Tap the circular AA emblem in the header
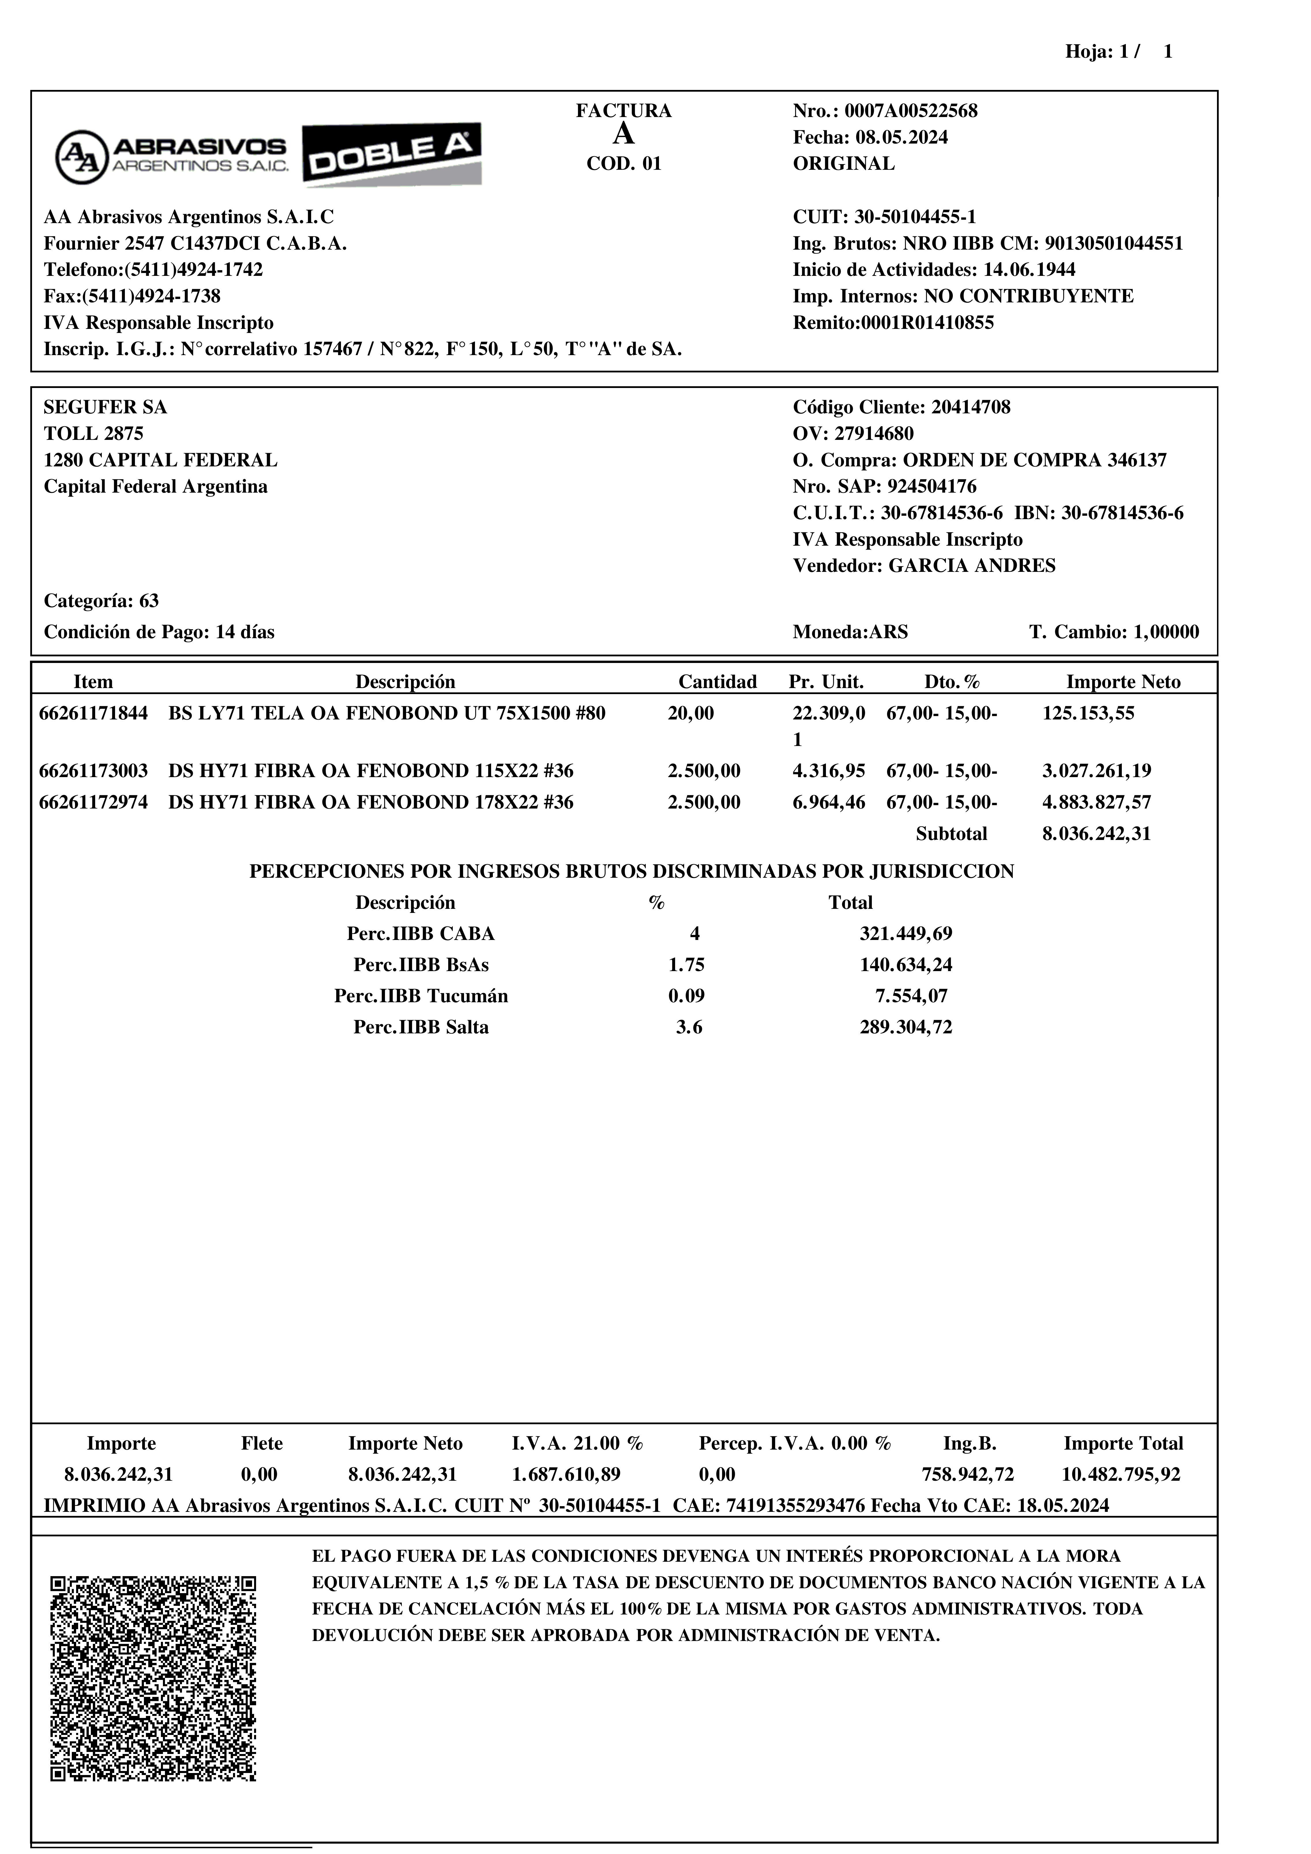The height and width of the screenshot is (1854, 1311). click(82, 157)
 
